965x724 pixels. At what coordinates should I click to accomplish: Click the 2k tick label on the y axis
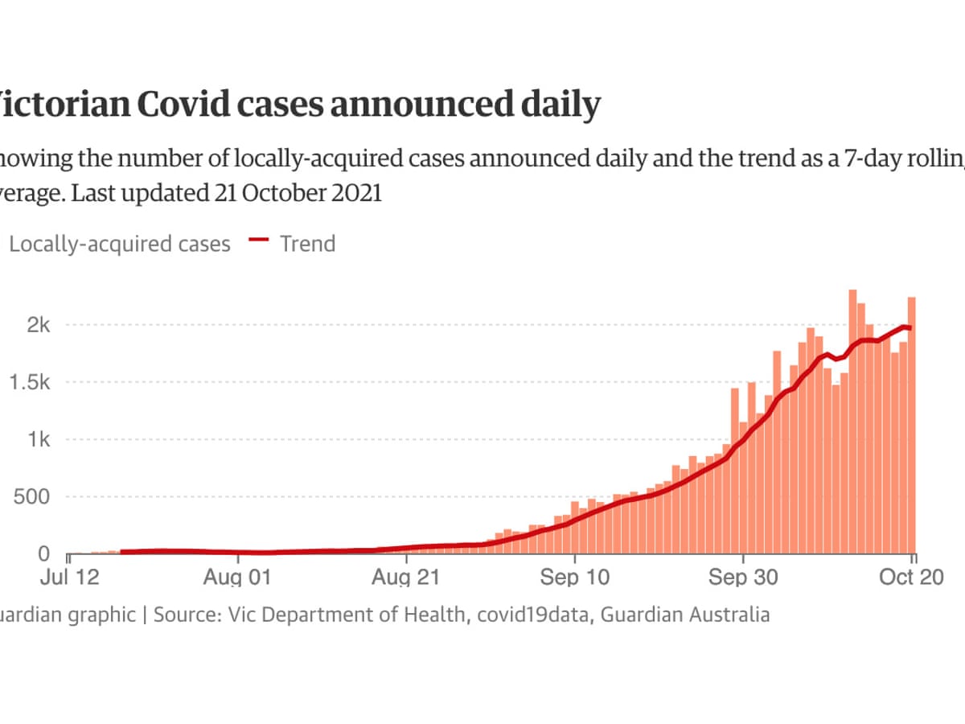(38, 325)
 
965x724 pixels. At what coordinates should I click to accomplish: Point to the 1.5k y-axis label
(29, 382)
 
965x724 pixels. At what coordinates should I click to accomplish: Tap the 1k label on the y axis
(38, 440)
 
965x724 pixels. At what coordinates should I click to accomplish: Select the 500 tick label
(32, 497)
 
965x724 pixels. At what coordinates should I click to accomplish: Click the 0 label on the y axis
(45, 554)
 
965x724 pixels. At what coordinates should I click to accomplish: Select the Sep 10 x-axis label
(576, 577)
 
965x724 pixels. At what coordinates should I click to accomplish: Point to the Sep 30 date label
(743, 577)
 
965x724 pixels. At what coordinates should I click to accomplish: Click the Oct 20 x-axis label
(910, 577)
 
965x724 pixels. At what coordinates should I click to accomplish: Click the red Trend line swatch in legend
(258, 243)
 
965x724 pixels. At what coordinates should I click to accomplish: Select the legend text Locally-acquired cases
(119, 244)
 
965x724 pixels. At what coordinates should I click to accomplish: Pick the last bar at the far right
(912, 426)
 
